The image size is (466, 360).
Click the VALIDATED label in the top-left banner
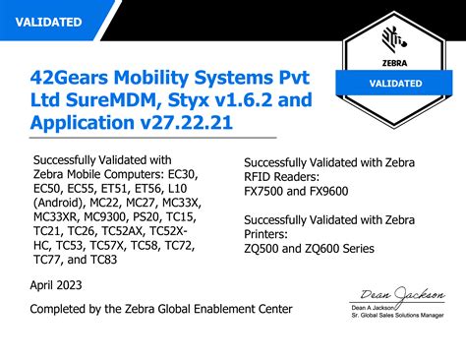point(50,21)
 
